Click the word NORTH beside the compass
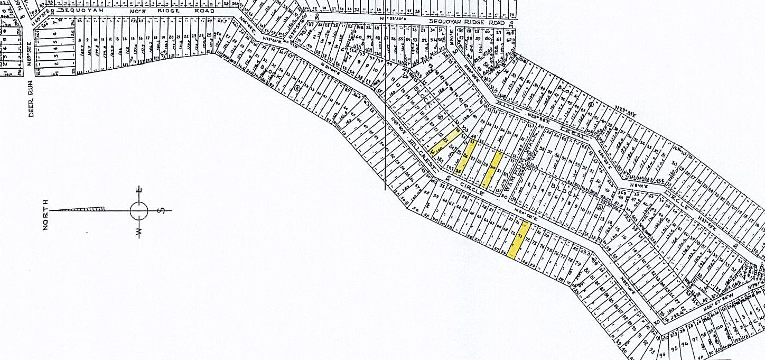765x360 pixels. click(46, 214)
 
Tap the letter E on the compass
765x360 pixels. click(139, 191)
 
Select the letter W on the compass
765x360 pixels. click(139, 232)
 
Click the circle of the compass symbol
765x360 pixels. click(139, 211)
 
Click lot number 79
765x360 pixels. click(578, 262)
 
